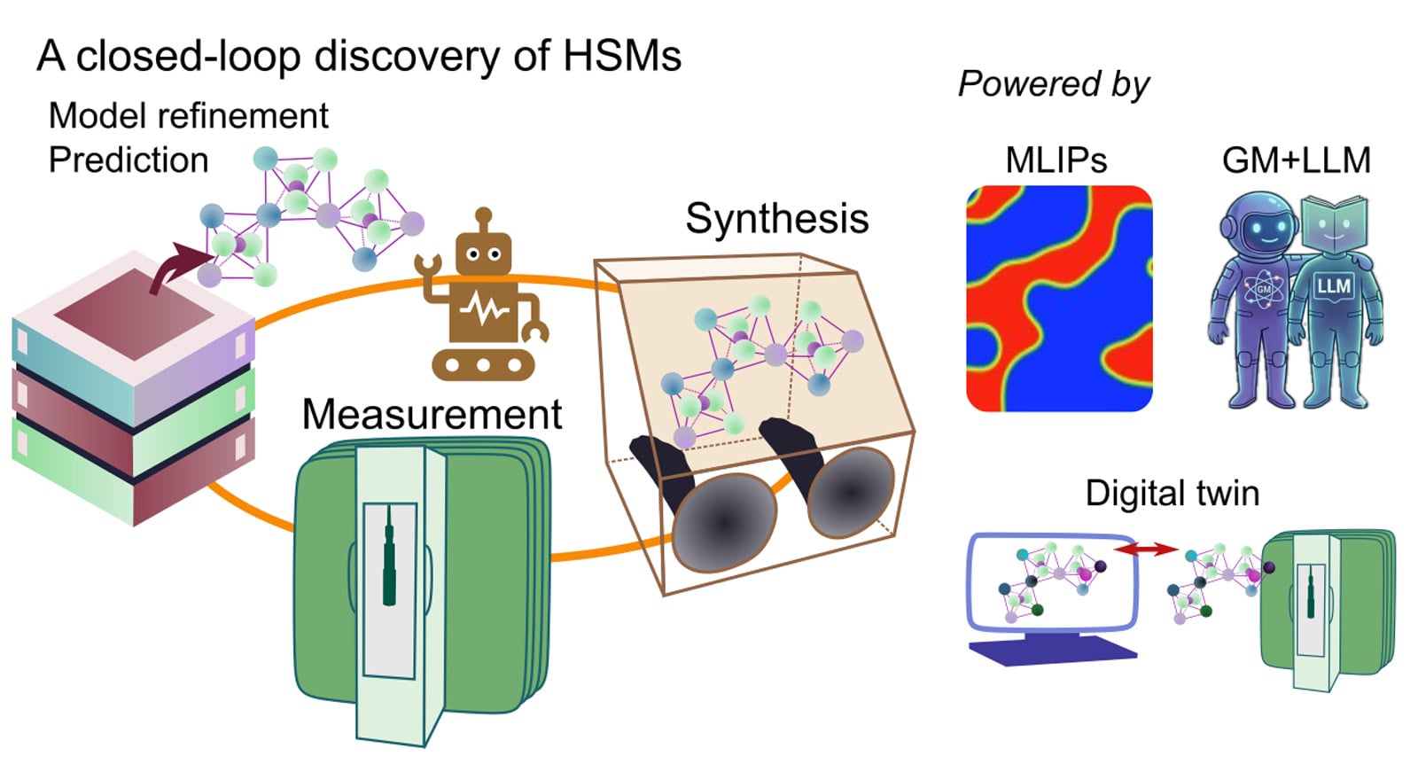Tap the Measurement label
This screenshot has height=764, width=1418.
click(x=432, y=414)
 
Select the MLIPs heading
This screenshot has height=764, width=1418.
click(x=1056, y=160)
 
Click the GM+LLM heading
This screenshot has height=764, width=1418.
click(x=1296, y=160)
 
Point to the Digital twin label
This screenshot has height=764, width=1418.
click(x=1173, y=493)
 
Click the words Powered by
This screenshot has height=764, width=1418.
click(x=1054, y=84)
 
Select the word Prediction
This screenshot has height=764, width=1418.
click(x=129, y=160)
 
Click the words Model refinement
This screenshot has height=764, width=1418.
click(x=189, y=116)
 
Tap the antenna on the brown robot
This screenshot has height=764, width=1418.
click(x=483, y=221)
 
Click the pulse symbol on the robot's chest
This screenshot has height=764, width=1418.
click(x=484, y=309)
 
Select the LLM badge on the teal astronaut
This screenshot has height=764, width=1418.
click(x=1334, y=287)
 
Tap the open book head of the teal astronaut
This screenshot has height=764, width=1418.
click(x=1335, y=224)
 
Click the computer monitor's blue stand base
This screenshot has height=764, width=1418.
click(x=1053, y=652)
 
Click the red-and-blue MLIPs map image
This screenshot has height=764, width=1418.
click(x=1059, y=298)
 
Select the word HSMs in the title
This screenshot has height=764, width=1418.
click(x=621, y=56)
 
